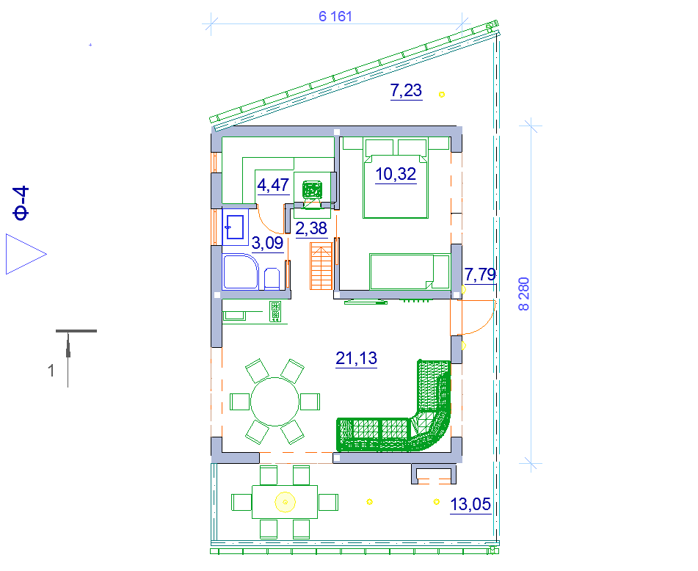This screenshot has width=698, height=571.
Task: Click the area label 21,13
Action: (356, 358)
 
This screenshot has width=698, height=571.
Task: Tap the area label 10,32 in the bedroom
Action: (396, 173)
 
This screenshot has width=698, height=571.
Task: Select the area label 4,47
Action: (273, 185)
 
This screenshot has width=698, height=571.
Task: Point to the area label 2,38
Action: (311, 228)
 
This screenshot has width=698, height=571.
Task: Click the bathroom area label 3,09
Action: (268, 243)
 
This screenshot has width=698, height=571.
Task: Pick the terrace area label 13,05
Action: (470, 505)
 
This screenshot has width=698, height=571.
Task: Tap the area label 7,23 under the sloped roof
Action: (406, 90)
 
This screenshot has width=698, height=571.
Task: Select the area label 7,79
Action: (480, 274)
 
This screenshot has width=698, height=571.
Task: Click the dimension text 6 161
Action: (335, 16)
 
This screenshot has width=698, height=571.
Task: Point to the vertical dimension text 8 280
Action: (524, 294)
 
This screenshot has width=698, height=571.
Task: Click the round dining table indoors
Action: (275, 401)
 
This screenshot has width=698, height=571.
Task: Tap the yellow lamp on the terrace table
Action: (285, 503)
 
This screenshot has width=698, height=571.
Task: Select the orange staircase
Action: (321, 266)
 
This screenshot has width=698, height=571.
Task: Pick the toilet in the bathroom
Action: (272, 279)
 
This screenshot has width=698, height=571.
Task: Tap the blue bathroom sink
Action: (235, 228)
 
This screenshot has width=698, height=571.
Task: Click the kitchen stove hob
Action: (275, 311)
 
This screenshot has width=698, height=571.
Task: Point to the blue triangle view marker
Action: (26, 254)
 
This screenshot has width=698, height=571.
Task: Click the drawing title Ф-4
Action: (21, 203)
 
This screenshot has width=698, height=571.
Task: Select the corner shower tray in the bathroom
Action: (241, 272)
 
